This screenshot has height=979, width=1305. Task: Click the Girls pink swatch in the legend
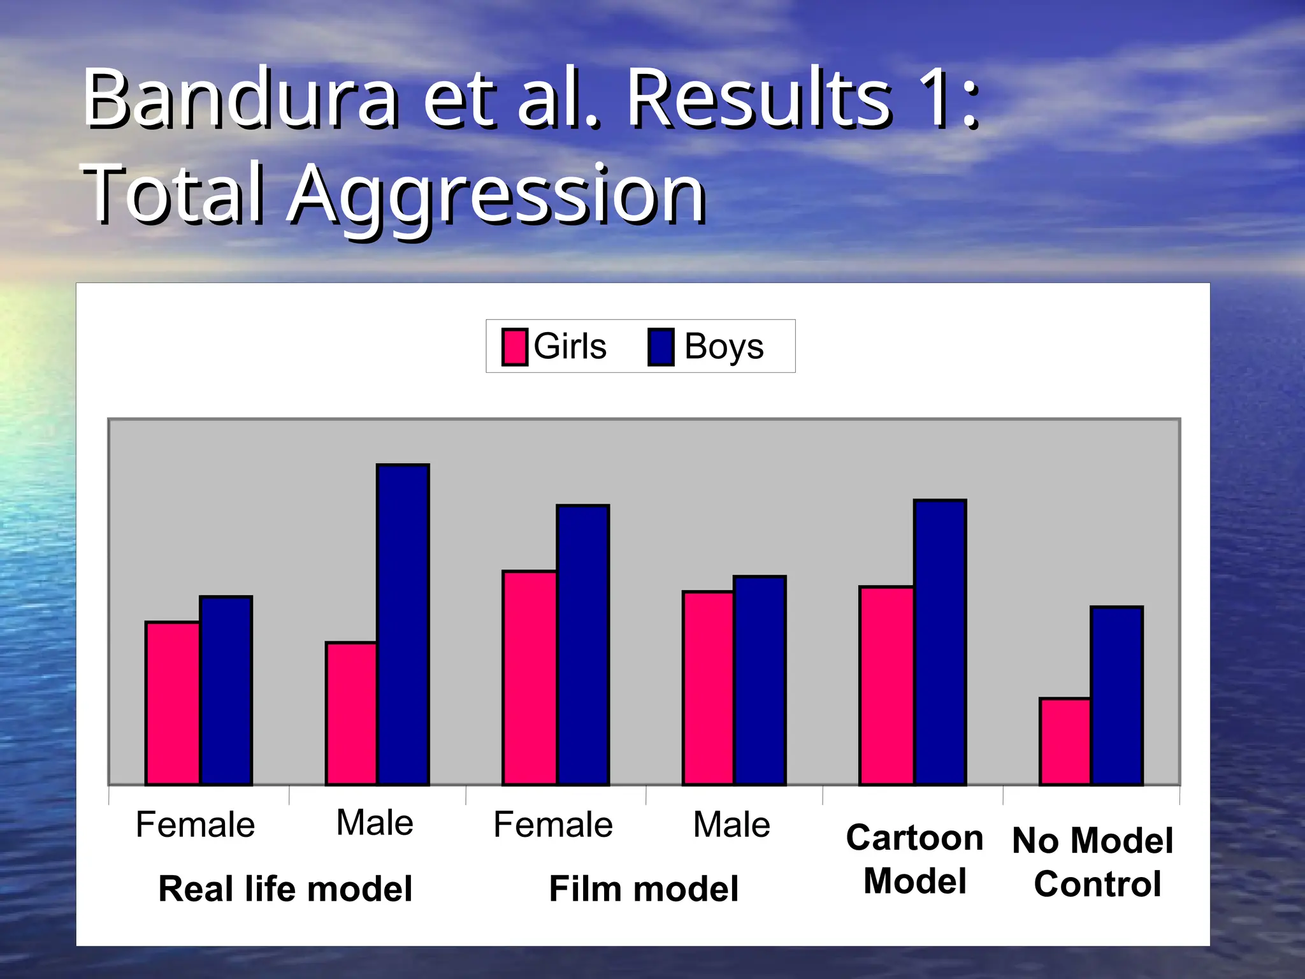(514, 347)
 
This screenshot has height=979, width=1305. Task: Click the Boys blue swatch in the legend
(661, 347)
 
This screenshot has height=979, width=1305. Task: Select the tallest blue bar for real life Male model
(403, 625)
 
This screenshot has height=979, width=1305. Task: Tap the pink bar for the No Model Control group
(1065, 741)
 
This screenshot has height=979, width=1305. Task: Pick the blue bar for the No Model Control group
(1116, 695)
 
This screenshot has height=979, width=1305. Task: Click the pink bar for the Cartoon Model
(886, 685)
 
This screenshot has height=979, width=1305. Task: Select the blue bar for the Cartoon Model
(940, 642)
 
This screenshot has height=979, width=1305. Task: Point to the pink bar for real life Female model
(173, 703)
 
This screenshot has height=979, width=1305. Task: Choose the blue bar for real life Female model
(226, 690)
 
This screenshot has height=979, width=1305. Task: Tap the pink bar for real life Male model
(351, 713)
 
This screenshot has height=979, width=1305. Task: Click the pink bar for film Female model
(530, 678)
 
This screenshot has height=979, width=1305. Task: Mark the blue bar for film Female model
(583, 644)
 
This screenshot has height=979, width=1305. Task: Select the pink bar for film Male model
(708, 688)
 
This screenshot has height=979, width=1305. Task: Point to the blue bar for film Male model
(760, 680)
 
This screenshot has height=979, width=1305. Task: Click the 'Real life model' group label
(285, 888)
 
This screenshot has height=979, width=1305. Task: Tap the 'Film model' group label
(644, 888)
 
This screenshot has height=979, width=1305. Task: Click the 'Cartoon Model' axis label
(914, 859)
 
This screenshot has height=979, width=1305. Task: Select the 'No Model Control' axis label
(1093, 862)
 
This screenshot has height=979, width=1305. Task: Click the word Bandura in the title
(242, 99)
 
